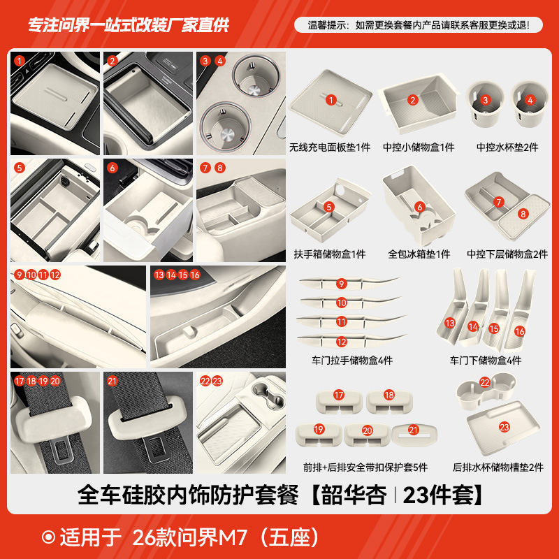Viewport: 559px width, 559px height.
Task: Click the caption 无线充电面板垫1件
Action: (x=330, y=147)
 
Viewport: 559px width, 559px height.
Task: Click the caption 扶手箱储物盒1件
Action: (x=330, y=254)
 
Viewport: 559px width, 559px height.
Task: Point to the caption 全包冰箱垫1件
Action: (x=419, y=254)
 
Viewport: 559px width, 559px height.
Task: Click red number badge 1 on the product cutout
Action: (x=330, y=100)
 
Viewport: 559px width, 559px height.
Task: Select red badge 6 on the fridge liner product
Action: (x=420, y=207)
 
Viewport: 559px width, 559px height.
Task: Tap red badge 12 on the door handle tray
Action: (x=342, y=342)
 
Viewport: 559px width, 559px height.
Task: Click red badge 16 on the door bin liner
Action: (x=519, y=331)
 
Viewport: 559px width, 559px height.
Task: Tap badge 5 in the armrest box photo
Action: (x=19, y=168)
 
